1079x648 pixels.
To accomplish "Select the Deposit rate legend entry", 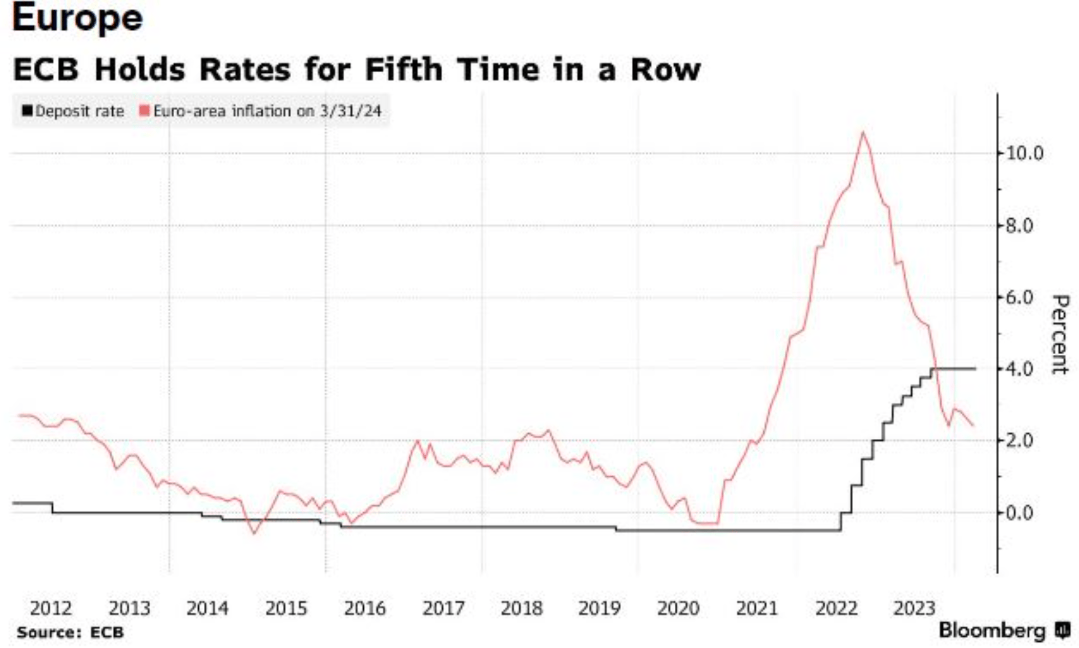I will click(74, 111).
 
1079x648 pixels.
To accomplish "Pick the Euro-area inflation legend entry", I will click(261, 111).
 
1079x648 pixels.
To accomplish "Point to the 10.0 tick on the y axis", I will click(1024, 153).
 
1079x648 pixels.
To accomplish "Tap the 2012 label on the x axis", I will click(51, 609).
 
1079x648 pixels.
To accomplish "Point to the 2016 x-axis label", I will click(364, 609).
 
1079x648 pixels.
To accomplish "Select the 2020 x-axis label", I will click(678, 609).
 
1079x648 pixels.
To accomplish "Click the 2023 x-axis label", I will click(914, 609).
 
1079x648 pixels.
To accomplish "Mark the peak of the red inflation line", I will click(863, 133).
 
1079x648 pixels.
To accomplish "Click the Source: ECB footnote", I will click(70, 633).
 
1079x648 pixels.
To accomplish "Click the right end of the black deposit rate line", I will click(974, 369).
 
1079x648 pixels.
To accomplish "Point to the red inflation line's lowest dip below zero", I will click(255, 533).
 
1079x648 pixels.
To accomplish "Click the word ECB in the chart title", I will click(46, 70).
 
